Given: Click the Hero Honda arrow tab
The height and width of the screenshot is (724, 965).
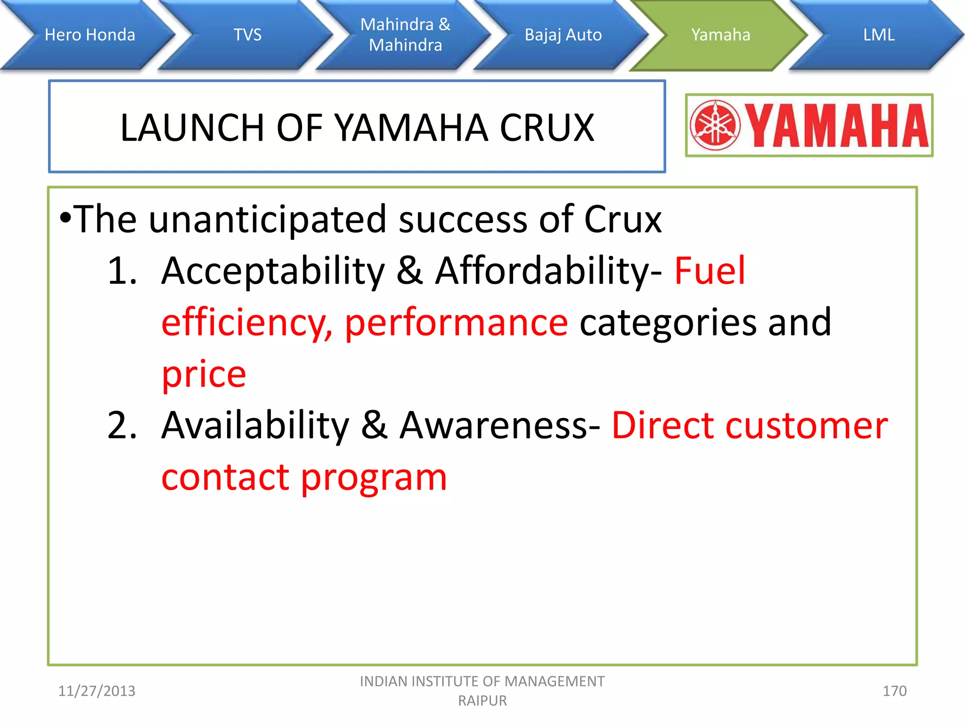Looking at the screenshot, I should click(90, 35).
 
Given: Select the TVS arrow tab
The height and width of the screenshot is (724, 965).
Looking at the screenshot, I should click(247, 35).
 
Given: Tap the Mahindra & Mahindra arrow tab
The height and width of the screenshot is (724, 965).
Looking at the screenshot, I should click(405, 35).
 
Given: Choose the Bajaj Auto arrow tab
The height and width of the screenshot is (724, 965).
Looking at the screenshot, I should click(563, 35).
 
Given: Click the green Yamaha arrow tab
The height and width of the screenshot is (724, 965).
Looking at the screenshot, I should click(720, 35).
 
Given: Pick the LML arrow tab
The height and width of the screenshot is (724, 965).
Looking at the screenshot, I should click(878, 35).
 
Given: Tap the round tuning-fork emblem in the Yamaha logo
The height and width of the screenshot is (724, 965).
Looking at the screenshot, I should click(715, 125).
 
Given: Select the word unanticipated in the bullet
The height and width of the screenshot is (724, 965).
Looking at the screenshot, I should click(268, 220).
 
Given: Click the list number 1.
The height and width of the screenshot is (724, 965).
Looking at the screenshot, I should click(122, 271).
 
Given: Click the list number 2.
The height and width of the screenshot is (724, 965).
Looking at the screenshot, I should click(122, 426).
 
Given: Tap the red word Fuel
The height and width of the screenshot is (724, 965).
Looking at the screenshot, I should click(710, 271).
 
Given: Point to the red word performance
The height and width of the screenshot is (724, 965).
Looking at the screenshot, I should click(456, 323).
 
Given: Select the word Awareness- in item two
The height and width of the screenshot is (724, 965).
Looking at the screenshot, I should click(500, 426).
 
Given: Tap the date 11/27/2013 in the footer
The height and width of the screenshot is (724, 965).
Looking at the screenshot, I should click(97, 691).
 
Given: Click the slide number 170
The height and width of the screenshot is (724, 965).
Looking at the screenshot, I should click(894, 691).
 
